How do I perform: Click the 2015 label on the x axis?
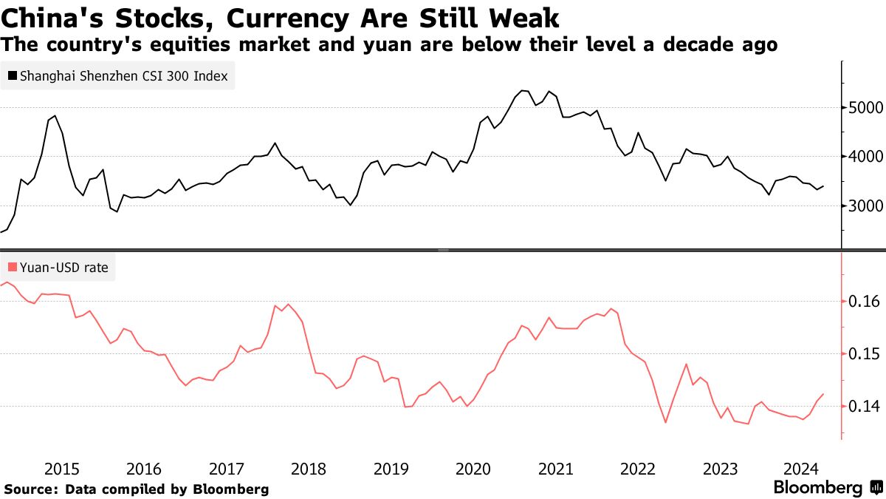click(x=61, y=469)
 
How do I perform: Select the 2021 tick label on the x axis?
click(x=555, y=469)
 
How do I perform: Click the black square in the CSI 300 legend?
click(x=12, y=75)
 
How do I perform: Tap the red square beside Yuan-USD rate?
click(x=12, y=268)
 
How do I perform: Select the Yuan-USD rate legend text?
click(x=63, y=268)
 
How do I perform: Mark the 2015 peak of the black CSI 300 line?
click(x=55, y=116)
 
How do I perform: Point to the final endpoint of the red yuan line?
click(x=823, y=394)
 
